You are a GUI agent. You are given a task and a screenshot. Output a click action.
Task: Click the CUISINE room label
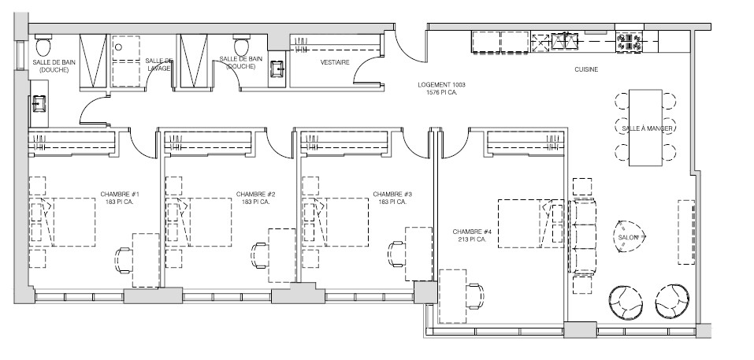click(x=585, y=69)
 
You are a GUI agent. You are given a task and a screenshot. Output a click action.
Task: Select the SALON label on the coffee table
click(x=628, y=237)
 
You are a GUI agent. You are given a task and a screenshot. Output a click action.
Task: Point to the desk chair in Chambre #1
click(x=124, y=258)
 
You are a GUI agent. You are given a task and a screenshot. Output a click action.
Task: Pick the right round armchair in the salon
click(x=674, y=300)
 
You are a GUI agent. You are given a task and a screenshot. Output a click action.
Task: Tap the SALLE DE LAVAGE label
click(x=159, y=64)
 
